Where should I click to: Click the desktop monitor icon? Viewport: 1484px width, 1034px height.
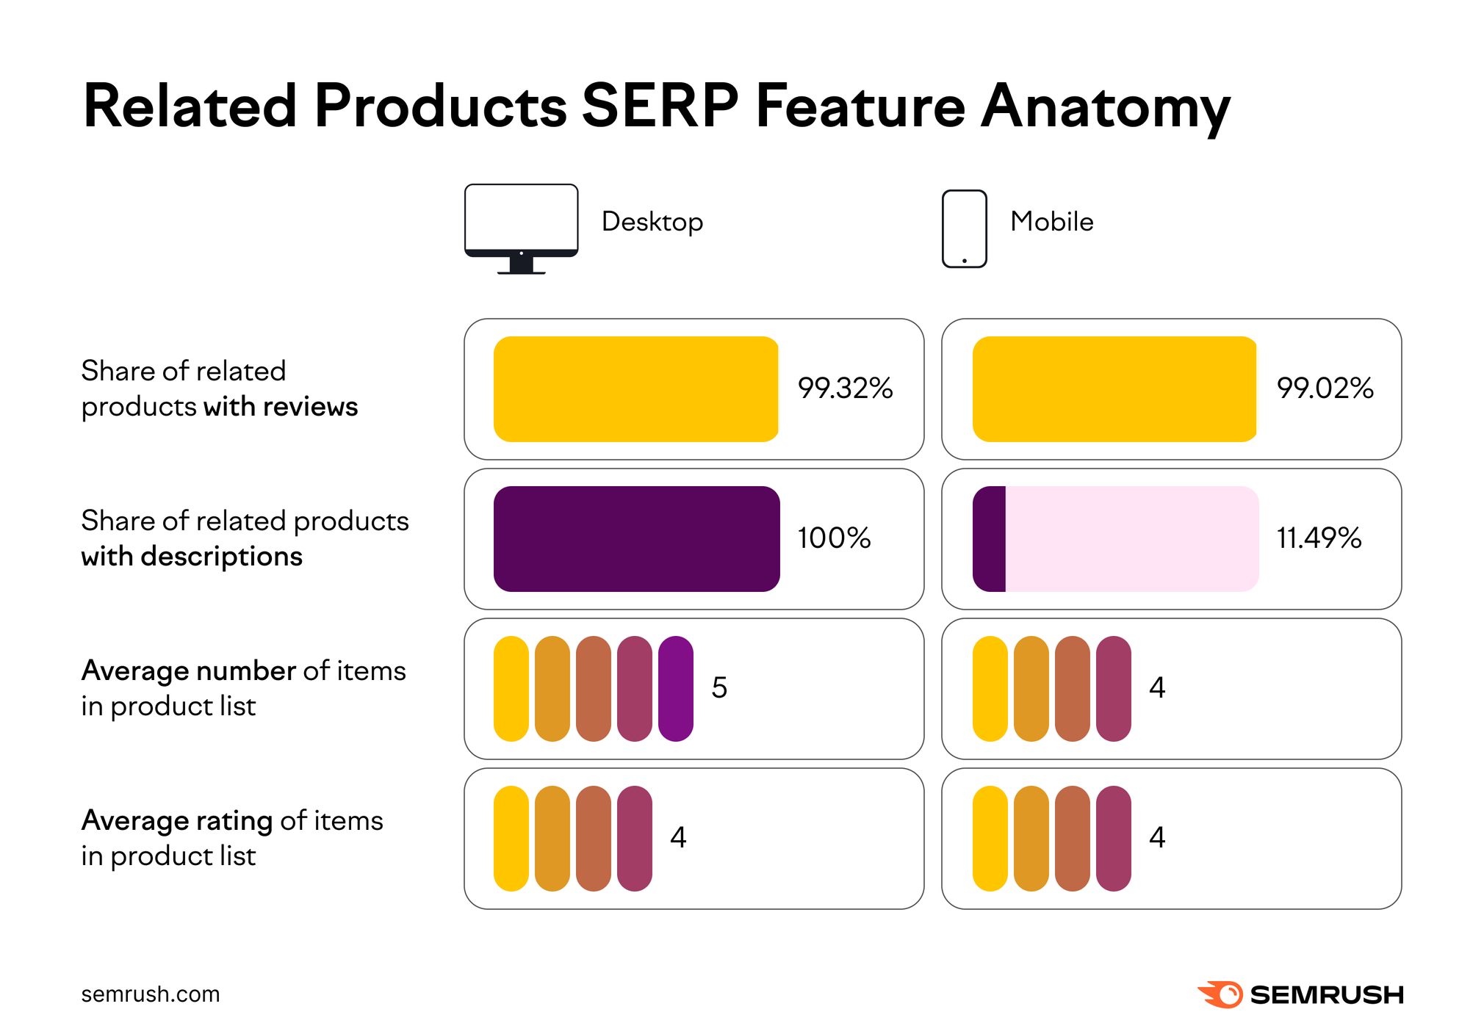point(521,228)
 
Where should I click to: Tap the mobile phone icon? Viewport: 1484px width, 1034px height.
point(964,228)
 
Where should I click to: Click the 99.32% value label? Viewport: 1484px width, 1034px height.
point(845,388)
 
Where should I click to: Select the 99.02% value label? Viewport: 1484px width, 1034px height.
point(1325,388)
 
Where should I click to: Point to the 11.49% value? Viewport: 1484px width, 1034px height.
point(1319,538)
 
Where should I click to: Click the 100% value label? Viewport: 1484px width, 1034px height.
point(834,538)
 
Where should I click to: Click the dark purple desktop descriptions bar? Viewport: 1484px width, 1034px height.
point(636,538)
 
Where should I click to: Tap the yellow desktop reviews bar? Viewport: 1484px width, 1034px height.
point(635,388)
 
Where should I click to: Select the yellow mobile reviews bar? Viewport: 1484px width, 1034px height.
point(1114,388)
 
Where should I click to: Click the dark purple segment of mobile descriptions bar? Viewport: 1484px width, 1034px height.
point(989,538)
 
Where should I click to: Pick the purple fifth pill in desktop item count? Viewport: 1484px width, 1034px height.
point(675,688)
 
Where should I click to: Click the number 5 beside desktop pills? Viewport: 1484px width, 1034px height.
point(719,688)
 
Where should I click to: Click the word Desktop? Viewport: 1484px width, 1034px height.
point(652,222)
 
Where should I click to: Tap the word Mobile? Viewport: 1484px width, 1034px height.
point(1051,222)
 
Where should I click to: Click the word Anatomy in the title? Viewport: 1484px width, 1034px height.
point(1105,107)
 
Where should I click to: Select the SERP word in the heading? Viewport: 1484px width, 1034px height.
point(659,106)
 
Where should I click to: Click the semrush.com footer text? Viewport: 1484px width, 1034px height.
point(150,994)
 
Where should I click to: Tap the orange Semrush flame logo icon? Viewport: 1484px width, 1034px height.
point(1221,994)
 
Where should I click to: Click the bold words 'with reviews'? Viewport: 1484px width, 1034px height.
point(281,407)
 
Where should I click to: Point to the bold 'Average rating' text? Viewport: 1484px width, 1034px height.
point(176,820)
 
